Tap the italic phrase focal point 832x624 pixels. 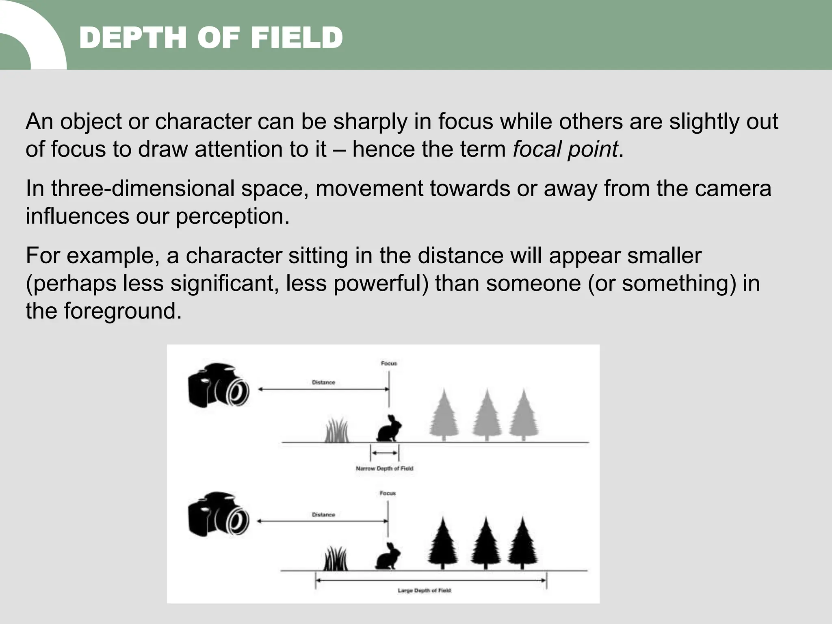click(565, 149)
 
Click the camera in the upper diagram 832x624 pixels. click(219, 386)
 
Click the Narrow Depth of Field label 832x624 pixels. click(384, 468)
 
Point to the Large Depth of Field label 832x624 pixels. click(424, 590)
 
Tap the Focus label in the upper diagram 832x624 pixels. click(389, 363)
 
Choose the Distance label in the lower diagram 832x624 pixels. click(323, 515)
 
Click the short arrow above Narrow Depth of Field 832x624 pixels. click(385, 453)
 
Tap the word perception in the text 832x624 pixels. click(233, 216)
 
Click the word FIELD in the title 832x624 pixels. click(296, 38)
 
